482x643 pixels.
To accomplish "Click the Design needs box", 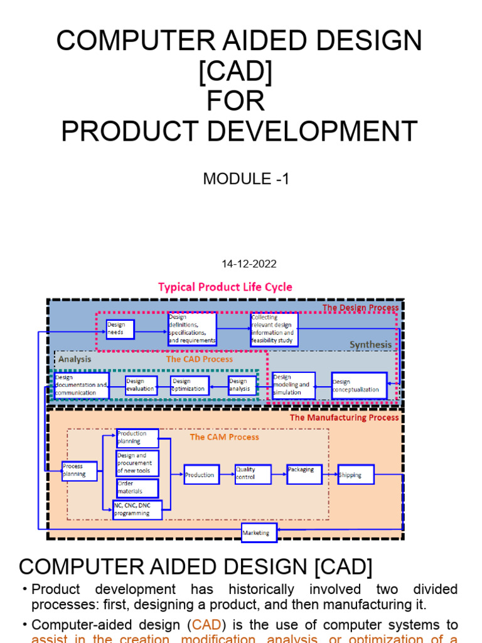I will [x=120, y=329].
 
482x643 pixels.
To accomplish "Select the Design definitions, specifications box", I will [x=192, y=329].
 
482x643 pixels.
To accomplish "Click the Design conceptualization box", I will [x=359, y=386].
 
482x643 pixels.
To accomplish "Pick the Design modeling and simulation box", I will [x=293, y=386].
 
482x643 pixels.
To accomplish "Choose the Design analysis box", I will [x=242, y=386].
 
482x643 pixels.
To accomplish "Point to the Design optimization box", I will [x=190, y=386].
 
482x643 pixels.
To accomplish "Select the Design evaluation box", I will [x=141, y=386].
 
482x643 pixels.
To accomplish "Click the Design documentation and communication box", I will [x=82, y=386].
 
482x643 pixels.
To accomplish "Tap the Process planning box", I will [x=80, y=471].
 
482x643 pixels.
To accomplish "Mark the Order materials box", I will [x=137, y=488].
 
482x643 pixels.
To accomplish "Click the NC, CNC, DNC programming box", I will [x=137, y=510].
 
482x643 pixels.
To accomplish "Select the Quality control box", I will [x=253, y=473].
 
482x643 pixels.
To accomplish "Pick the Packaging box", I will [x=304, y=474].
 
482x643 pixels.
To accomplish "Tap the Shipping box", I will [x=356, y=475].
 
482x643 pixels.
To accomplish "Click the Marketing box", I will [x=259, y=533].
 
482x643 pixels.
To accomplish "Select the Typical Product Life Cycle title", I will [x=225, y=287].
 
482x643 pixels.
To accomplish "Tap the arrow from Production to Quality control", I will [x=227, y=475].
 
